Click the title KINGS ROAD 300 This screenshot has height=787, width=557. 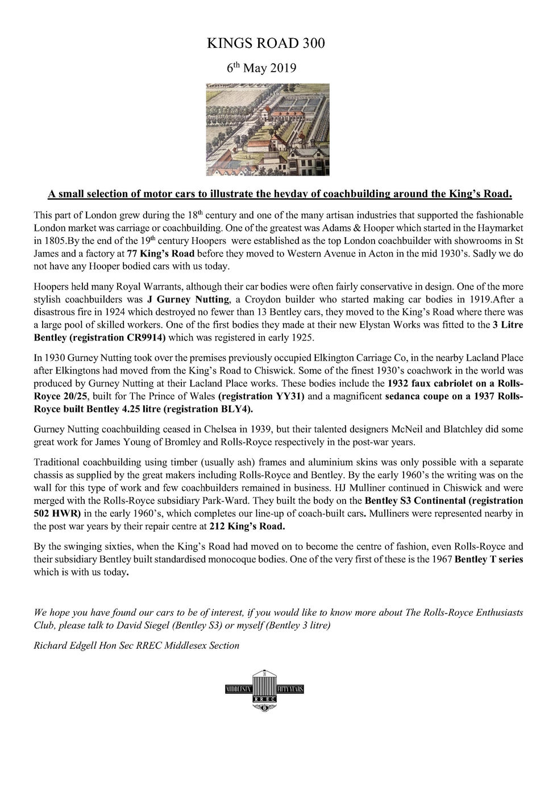[x=266, y=43]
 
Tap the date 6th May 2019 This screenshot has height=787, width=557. [x=261, y=68]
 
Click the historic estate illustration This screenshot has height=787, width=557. [x=267, y=130]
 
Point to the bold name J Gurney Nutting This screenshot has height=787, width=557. [x=193, y=300]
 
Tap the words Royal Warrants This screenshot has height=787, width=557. [x=147, y=287]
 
